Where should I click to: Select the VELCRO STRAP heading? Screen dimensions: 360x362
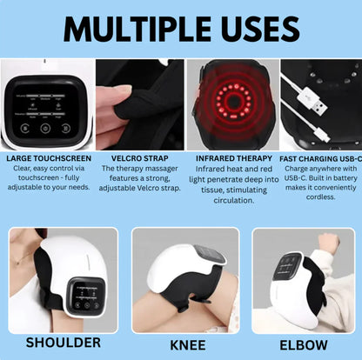pyautogui.click(x=136, y=158)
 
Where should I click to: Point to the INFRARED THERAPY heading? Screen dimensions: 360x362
pyautogui.click(x=228, y=158)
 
